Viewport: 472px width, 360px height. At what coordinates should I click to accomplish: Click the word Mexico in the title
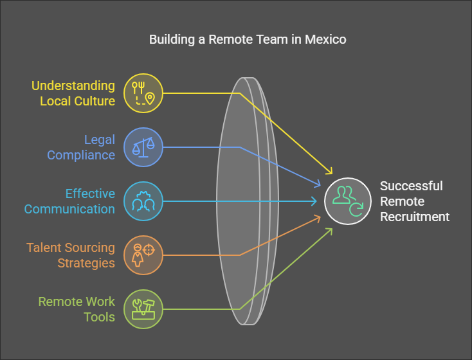[x=325, y=39]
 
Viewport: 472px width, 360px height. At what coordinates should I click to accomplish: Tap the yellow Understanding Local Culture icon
[x=143, y=93]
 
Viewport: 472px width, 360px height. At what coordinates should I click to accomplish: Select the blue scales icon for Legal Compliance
[x=143, y=147]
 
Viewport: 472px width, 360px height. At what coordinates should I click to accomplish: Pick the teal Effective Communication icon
[x=143, y=201]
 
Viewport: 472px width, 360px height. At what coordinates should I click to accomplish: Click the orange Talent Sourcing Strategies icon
[x=143, y=255]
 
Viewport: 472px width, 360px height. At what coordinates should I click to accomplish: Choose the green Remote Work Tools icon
[x=143, y=309]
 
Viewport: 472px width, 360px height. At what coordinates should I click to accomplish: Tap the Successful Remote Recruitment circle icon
[x=347, y=201]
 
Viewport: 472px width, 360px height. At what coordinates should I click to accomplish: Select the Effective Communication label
[x=70, y=201]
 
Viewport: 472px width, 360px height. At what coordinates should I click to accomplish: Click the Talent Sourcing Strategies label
[x=71, y=255]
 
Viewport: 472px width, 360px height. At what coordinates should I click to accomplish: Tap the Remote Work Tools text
[x=77, y=309]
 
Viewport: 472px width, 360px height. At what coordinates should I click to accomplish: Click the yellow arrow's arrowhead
[x=330, y=172]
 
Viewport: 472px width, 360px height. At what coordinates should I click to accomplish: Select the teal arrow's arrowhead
[x=315, y=201]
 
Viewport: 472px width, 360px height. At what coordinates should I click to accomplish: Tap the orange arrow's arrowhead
[x=319, y=217]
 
